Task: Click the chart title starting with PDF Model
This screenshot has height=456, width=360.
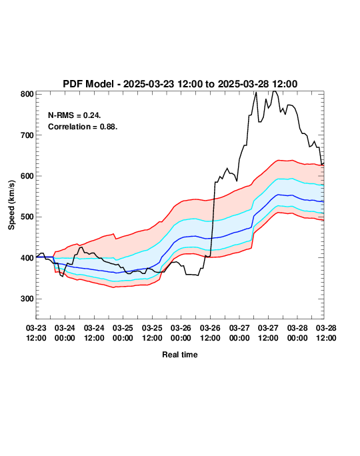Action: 180,84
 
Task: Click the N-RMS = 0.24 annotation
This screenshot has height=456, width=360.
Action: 75,115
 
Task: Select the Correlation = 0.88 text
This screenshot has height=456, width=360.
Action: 83,127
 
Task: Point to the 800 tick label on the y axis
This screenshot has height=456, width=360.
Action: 27,94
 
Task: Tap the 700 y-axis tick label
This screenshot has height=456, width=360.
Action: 27,135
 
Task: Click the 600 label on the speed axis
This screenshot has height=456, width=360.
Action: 27,176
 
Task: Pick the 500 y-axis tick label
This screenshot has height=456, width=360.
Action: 27,217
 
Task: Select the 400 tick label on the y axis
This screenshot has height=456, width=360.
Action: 27,258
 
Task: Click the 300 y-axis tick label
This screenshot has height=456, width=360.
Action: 27,299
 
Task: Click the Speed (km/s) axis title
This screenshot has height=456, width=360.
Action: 11,205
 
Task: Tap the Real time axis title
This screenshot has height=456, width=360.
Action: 180,355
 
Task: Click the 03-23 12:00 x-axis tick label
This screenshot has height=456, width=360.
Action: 36,333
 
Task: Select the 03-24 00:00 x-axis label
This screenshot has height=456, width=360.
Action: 65,333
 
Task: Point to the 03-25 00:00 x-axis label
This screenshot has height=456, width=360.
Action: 123,333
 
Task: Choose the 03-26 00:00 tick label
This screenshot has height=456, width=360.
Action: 181,333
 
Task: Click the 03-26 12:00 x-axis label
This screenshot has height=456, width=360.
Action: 210,333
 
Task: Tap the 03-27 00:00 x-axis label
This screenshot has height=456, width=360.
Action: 239,333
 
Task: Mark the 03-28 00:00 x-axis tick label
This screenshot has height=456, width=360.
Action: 297,333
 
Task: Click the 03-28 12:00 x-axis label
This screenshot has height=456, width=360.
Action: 326,333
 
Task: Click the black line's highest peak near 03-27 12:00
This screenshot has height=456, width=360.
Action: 274,91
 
